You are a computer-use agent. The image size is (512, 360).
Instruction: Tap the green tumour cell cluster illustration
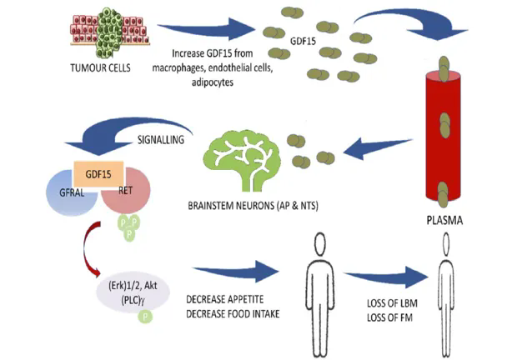pos(106,32)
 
